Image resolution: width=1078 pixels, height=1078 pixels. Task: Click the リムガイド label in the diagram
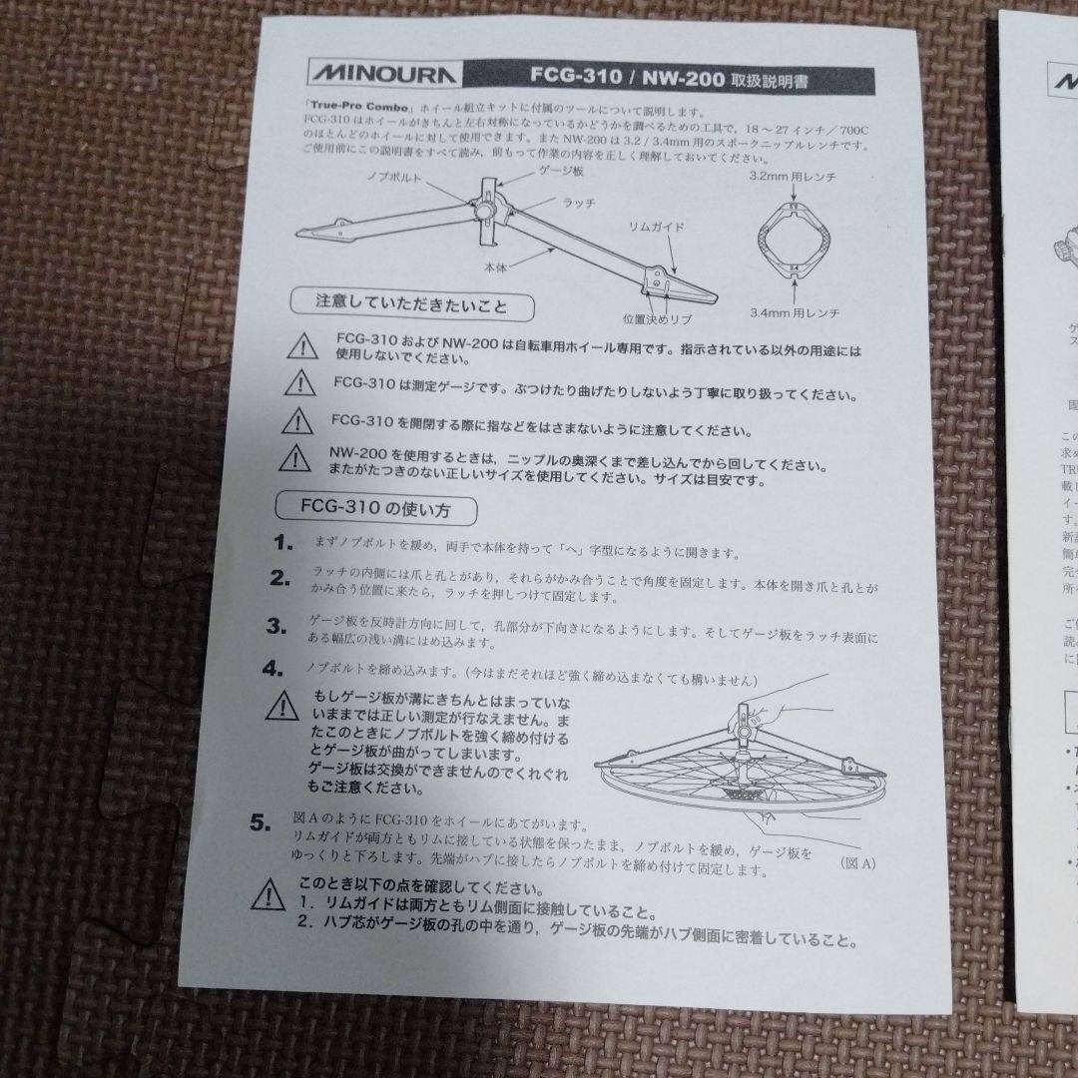pyautogui.click(x=657, y=228)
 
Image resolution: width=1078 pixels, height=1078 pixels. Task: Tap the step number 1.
pyautogui.click(x=283, y=544)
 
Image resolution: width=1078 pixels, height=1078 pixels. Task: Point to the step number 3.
pyautogui.click(x=276, y=627)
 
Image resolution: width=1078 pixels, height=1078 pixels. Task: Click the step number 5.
pyautogui.click(x=262, y=823)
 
